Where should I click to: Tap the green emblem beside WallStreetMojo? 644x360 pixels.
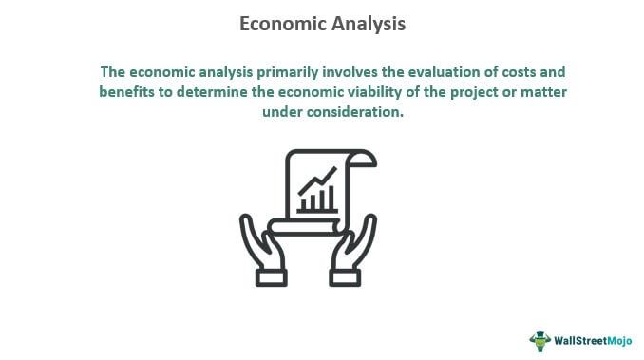540,339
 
